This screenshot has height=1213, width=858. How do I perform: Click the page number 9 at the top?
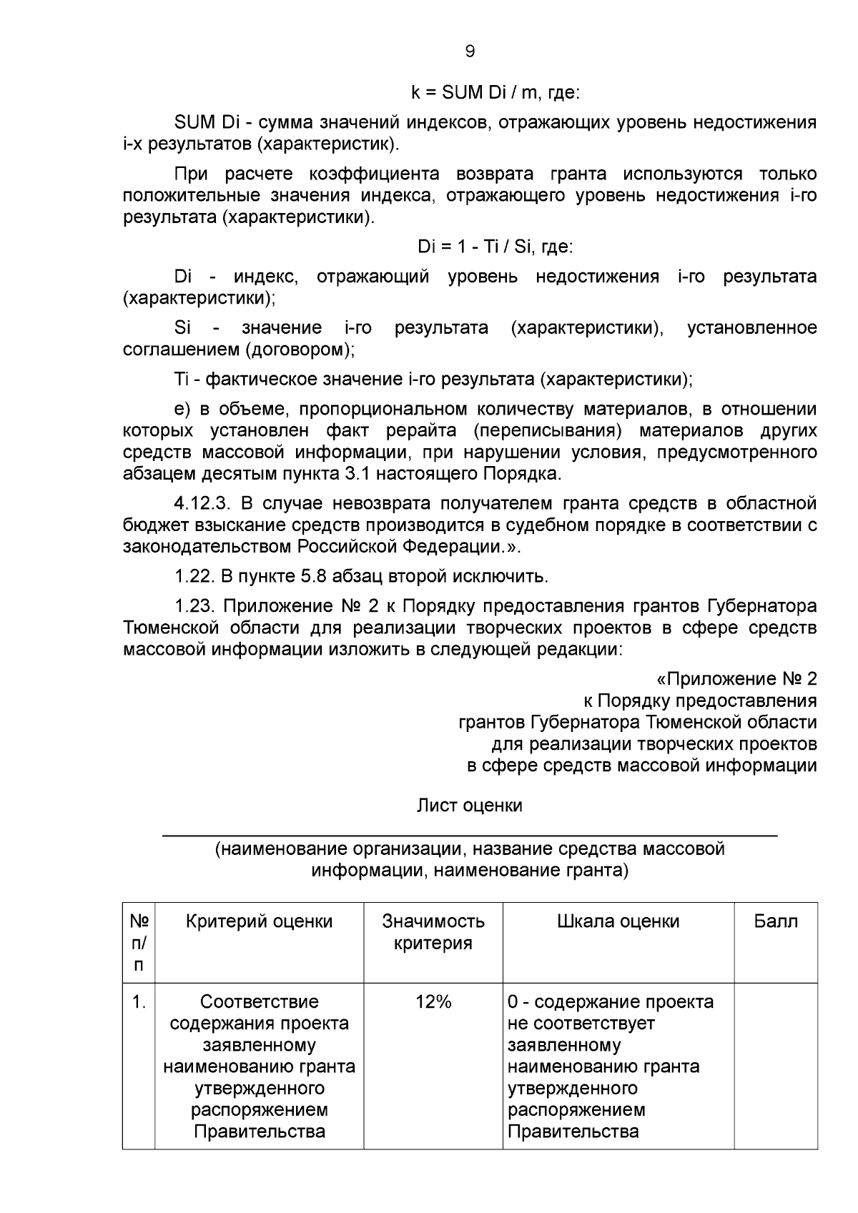tap(470, 51)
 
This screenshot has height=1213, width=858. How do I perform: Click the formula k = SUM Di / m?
tap(495, 93)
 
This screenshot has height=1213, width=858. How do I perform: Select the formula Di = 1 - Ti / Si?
tap(495, 247)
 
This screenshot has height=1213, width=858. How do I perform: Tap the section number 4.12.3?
tap(201, 503)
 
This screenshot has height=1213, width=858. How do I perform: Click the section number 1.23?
tap(194, 606)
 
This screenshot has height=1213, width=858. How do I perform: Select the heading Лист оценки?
tap(470, 806)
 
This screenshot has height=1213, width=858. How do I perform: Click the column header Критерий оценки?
tap(259, 921)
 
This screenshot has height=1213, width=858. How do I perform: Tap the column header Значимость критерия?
tap(433, 932)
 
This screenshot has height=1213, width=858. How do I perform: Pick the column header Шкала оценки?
tap(618, 921)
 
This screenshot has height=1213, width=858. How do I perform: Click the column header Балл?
tap(776, 921)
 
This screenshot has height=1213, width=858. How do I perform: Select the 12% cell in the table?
tap(433, 1002)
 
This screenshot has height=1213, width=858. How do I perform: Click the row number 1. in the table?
tap(139, 1002)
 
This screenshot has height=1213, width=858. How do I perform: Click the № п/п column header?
tap(139, 943)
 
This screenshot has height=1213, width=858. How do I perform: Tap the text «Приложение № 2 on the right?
tap(736, 679)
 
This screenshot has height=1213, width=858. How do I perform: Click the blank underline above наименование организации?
tap(470, 834)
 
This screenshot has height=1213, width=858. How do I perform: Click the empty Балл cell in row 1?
tap(776, 1065)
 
